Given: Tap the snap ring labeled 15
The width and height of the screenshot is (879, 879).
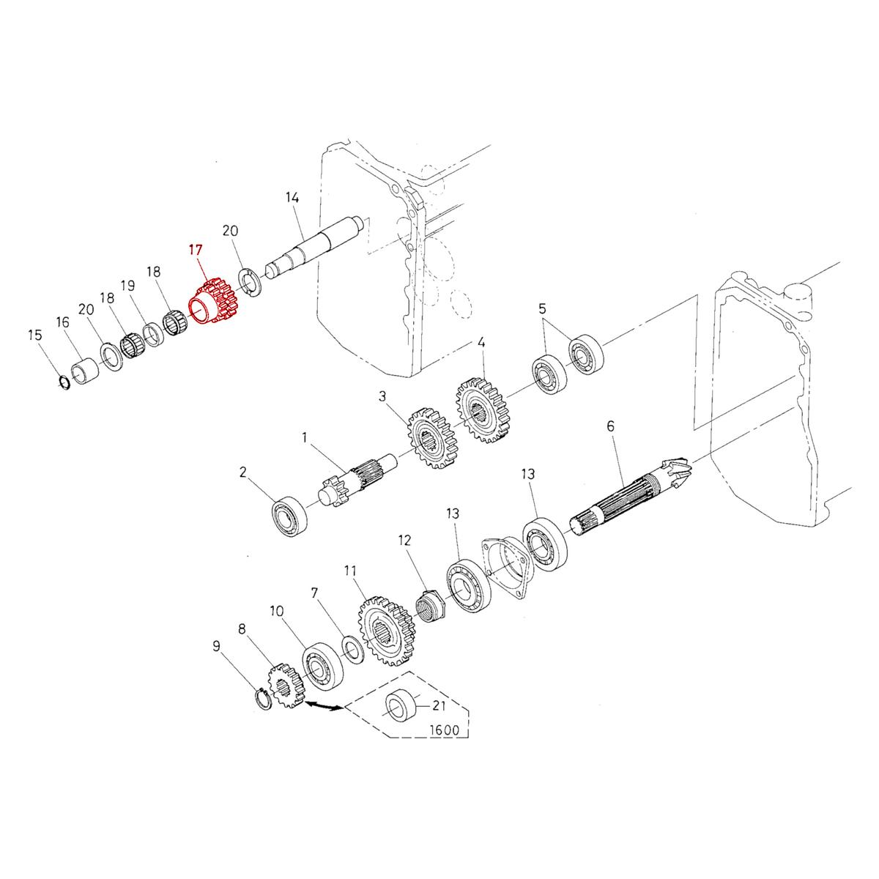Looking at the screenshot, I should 64,382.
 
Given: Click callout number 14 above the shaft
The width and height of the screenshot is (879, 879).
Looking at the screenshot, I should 292,198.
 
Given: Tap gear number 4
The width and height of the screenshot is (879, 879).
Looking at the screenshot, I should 483,409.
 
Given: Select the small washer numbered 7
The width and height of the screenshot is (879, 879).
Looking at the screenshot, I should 352,648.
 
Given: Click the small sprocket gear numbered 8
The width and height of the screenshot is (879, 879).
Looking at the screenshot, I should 283,684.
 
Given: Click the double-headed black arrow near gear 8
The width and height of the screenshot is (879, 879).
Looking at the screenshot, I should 323,706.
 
